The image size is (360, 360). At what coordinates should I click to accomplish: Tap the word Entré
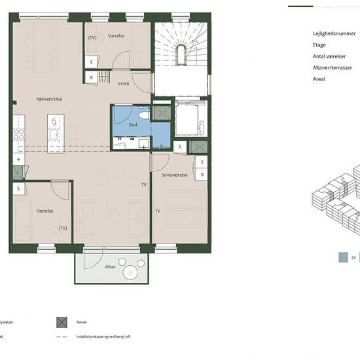pos(123,84)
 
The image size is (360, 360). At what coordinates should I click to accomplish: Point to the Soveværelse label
pos(175,175)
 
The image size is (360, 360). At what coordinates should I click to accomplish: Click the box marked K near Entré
pos(92,78)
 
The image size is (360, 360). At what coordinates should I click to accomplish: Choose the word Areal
pos(319,79)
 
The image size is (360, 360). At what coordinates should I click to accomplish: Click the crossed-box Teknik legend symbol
pos(63,322)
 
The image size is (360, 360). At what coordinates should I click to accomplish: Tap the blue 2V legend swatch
pos(343,258)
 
